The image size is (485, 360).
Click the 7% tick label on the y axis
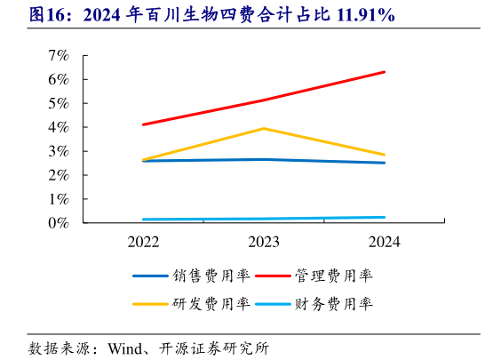coord(59,55)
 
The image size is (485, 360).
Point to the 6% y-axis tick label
coord(59,79)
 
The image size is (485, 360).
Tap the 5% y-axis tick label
coord(59,103)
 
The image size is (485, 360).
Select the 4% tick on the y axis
coord(59,127)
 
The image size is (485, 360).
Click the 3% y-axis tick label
coord(59,151)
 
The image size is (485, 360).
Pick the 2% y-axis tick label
coord(59,175)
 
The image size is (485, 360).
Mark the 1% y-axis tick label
coord(59,199)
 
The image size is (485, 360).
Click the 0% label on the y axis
coord(59,223)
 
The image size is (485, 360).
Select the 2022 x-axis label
coord(143,242)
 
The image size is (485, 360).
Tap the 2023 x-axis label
coord(264,242)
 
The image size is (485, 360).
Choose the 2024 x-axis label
coord(384,242)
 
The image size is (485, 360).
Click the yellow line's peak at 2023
coord(264,128)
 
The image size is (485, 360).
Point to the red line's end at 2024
coord(384,72)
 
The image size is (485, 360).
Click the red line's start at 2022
coord(143,124)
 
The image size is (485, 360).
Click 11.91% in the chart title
coord(363,16)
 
